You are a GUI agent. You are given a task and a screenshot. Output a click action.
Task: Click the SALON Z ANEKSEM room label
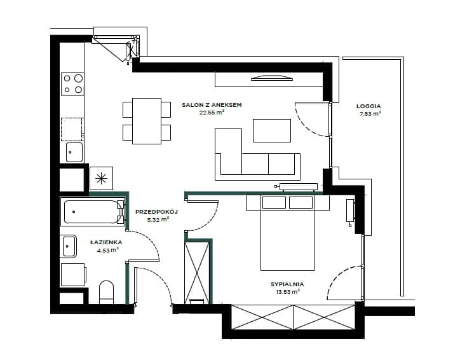pos(212,105)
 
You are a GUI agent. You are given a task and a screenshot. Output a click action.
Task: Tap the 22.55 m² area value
pos(212,113)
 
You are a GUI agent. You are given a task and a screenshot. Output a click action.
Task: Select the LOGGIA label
pos(368,106)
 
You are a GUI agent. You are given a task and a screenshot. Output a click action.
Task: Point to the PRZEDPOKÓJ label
pos(156,212)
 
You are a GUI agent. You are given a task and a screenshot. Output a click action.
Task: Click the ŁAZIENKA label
pos(106,242)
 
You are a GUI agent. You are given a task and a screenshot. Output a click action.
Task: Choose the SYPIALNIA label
pos(287,284)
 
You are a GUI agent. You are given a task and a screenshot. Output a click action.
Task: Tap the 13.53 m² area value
pos(287,292)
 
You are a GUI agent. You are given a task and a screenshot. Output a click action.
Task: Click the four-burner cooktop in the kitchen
pos(72,84)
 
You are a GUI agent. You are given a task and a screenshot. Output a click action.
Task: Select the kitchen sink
pos(74,153)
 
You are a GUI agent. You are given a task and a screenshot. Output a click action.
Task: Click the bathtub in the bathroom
pos(93,212)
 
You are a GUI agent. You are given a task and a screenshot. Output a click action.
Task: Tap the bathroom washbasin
pos(69,246)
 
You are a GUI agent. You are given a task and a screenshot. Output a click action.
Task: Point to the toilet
pos(106,292)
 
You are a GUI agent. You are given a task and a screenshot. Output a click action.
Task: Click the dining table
pos(147,121)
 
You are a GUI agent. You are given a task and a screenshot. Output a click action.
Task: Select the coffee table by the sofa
pos(272,130)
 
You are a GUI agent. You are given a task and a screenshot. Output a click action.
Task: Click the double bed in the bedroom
pos(287,233)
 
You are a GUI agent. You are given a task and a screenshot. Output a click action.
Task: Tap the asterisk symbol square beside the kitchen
pos(101,178)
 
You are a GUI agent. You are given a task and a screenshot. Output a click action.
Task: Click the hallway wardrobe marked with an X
pos(197,273)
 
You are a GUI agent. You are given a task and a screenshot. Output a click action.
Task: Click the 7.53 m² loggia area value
pos(370,114)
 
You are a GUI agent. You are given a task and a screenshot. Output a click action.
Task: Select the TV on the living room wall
pos(272,78)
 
